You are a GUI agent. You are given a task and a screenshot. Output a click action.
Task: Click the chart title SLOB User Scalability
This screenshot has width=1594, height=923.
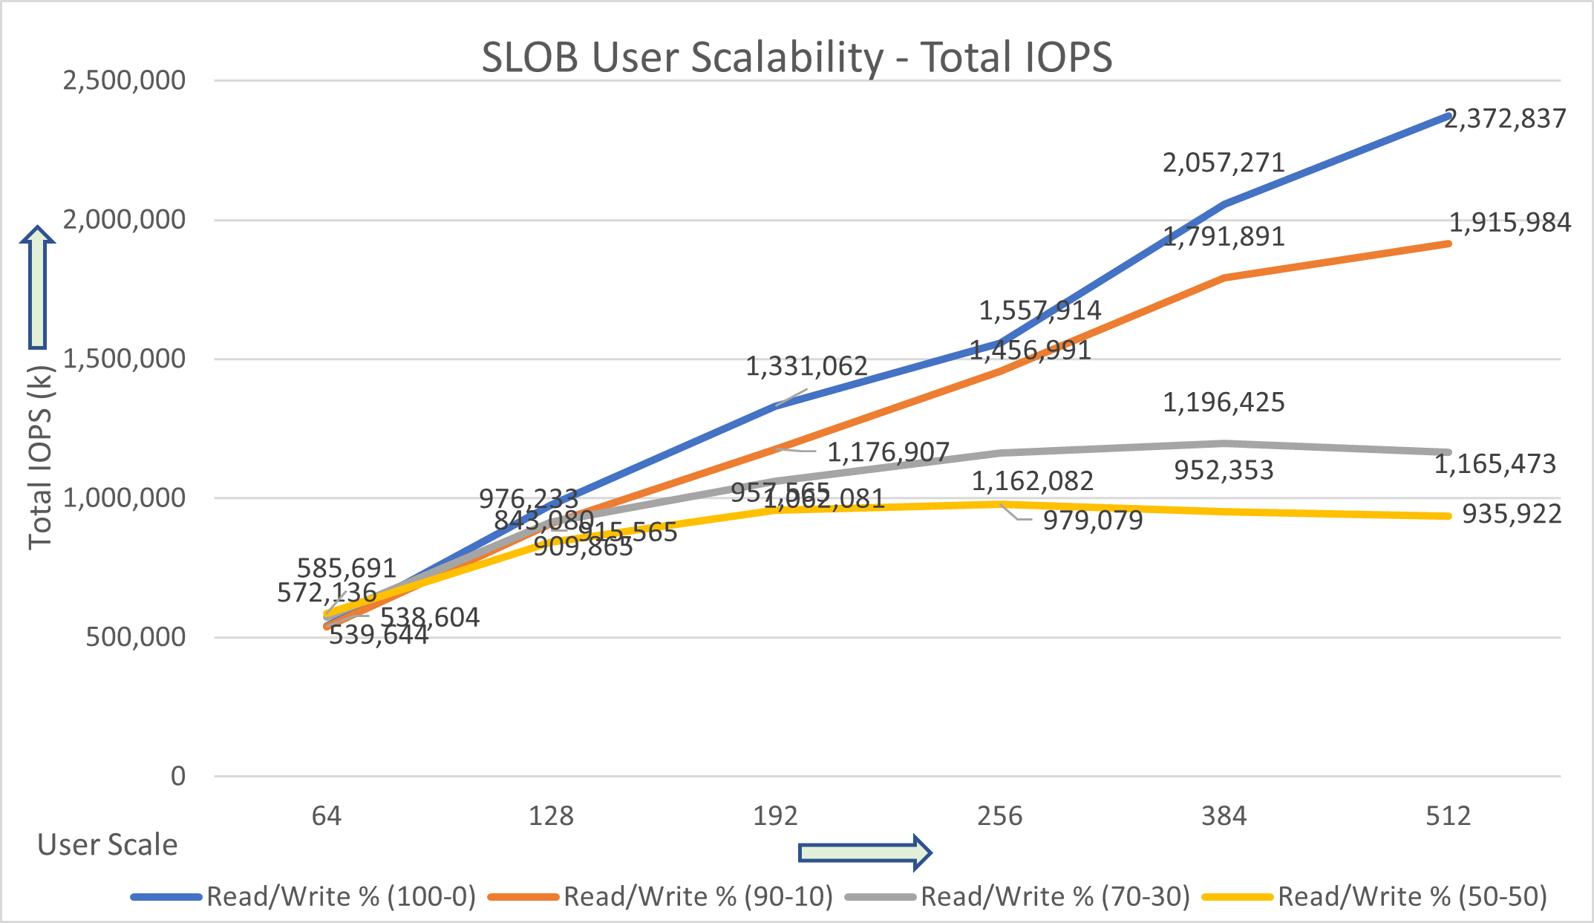pos(797,57)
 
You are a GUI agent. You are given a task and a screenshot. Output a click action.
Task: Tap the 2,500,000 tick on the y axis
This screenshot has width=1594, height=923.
pos(124,80)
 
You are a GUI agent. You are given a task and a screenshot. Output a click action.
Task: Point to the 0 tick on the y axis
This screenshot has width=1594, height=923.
pos(178,776)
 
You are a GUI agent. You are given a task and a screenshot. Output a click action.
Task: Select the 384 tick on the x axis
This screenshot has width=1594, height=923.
pos(1224,816)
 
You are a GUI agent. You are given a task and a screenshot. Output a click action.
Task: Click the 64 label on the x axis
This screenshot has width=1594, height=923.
pos(326,816)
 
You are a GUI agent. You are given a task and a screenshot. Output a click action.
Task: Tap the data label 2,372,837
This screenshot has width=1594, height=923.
pos(1505,119)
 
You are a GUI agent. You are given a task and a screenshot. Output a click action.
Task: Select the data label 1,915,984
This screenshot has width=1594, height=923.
pos(1510,223)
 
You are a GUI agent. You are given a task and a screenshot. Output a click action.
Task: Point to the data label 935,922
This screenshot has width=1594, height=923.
pos(1512,514)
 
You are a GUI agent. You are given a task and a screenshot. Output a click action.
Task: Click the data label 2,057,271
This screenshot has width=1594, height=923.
pos(1224,163)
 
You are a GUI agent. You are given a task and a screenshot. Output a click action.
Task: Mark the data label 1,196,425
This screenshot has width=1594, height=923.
pos(1224,402)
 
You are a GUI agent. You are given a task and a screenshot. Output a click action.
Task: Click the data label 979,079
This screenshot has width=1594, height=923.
pos(1093,521)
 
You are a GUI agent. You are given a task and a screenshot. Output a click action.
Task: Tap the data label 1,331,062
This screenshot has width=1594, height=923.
pos(806,366)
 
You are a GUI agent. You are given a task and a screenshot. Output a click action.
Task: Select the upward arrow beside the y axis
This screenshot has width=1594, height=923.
pos(37,287)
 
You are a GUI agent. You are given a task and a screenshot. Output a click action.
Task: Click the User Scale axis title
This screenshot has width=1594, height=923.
pos(108,845)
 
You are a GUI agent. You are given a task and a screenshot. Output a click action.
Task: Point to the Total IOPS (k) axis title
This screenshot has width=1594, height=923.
pos(40,457)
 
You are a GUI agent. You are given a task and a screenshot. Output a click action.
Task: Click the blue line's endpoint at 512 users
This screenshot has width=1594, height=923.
pos(1448,116)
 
